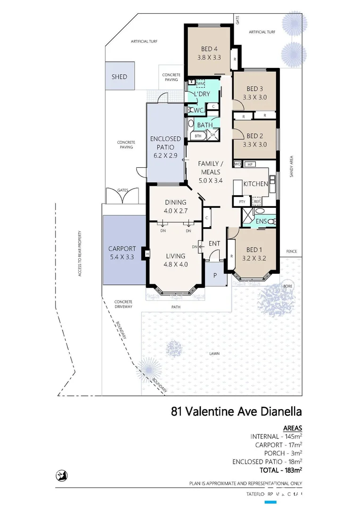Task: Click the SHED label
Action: click(x=119, y=76)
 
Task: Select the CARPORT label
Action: click(x=122, y=249)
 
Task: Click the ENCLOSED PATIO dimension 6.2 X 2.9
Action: click(x=165, y=155)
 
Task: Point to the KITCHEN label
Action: click(x=255, y=184)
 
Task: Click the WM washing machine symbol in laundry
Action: click(x=200, y=83)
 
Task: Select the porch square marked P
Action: click(x=215, y=276)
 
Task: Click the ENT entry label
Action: click(x=214, y=243)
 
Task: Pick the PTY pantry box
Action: click(x=243, y=201)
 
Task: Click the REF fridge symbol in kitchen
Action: click(x=257, y=201)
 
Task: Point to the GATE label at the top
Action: click(x=238, y=21)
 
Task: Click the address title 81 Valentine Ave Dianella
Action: click(x=236, y=411)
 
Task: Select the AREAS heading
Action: click(x=292, y=428)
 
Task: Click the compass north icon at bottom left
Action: click(x=60, y=476)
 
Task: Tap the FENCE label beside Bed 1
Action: click(x=291, y=251)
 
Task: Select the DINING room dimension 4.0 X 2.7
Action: click(x=175, y=211)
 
